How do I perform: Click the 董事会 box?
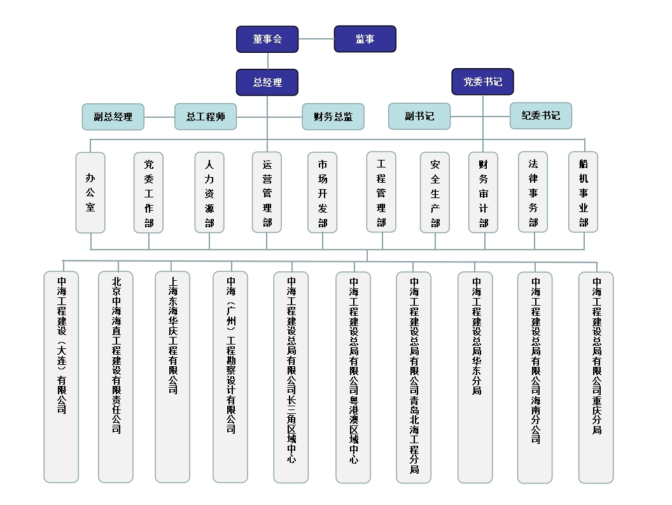point(267,39)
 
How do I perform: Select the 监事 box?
point(365,39)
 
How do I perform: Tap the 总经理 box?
point(267,82)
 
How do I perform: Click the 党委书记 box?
point(482,82)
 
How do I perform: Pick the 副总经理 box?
point(113,117)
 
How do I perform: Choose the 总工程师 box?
point(206,117)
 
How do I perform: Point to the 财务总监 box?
point(333,117)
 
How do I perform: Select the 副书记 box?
point(419,116)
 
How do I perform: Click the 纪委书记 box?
point(541,115)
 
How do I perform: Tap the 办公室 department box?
point(90,193)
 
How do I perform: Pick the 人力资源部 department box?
point(209,193)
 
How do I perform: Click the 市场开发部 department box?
point(322,193)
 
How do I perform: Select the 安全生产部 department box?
point(435,193)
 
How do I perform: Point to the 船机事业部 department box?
point(584,192)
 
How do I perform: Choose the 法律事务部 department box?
point(533,192)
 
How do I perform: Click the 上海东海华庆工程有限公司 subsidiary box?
point(172,377)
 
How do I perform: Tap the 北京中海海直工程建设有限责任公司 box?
point(116,377)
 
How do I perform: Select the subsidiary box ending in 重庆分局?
point(596,378)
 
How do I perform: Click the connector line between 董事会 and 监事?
point(316,39)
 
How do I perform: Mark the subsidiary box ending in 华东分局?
point(475,378)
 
